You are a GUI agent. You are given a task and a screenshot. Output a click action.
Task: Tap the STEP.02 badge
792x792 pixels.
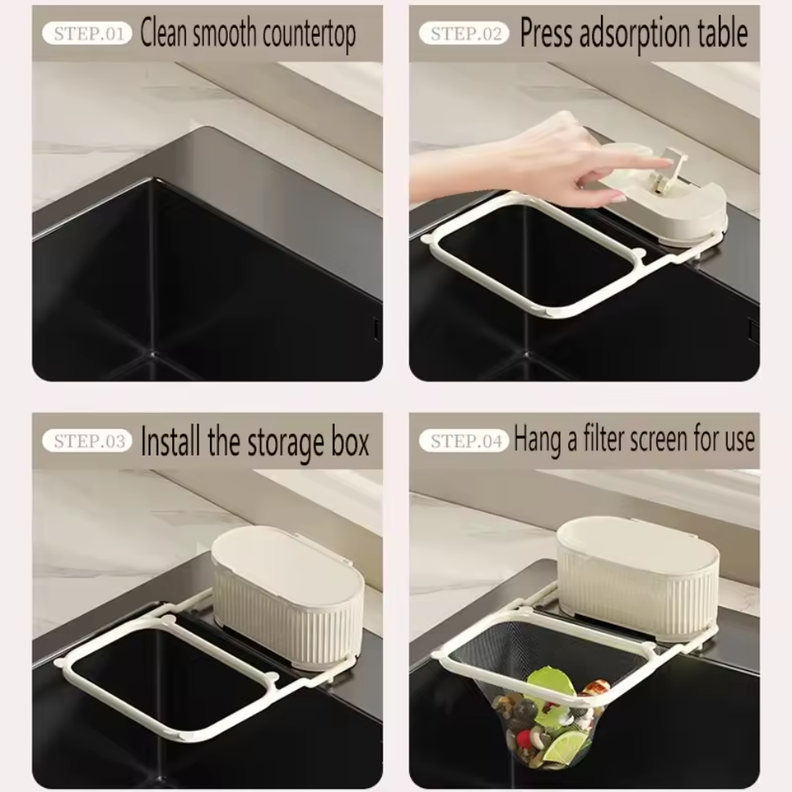click(x=464, y=33)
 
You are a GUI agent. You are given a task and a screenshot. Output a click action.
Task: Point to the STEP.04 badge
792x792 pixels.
click(x=464, y=442)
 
